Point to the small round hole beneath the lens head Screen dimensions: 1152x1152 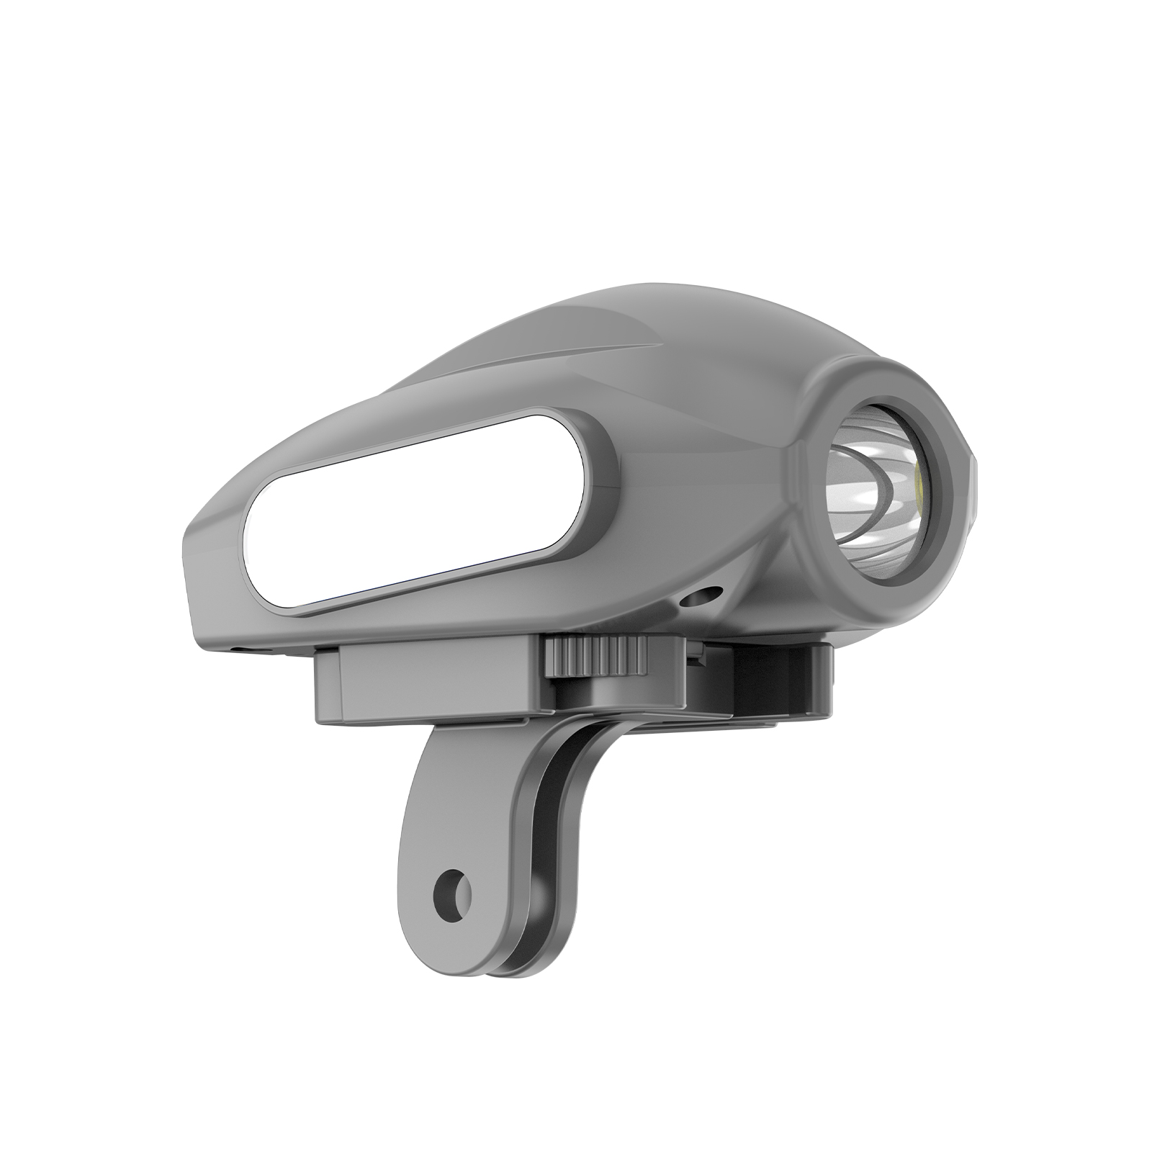(x=702, y=596)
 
